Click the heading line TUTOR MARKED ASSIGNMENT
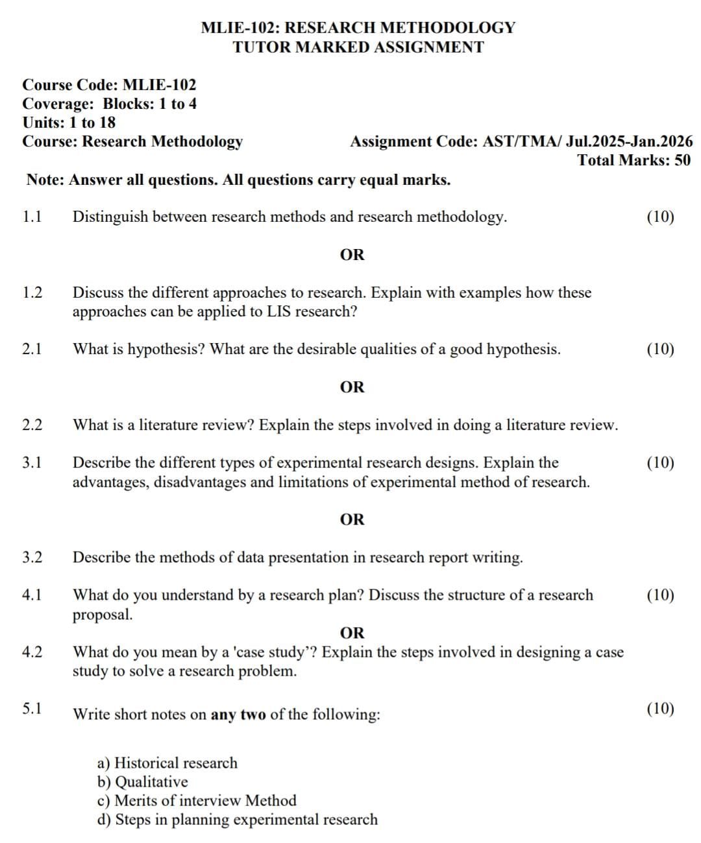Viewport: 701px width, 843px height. [x=358, y=47]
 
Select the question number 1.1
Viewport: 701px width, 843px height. [x=32, y=217]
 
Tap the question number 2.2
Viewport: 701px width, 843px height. [x=32, y=425]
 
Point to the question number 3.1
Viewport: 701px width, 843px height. [x=32, y=463]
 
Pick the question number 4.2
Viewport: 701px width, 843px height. [x=32, y=652]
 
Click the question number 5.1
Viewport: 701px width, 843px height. [x=32, y=708]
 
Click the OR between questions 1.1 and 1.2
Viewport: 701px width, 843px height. [x=352, y=255]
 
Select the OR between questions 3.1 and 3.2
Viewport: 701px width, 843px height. [x=352, y=519]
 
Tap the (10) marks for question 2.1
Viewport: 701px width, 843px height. [x=660, y=350]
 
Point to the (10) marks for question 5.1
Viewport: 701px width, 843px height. [x=660, y=708]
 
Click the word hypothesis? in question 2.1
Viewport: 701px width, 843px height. [x=166, y=350]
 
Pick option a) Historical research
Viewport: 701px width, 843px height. [x=167, y=763]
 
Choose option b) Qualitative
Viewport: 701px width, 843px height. [x=143, y=782]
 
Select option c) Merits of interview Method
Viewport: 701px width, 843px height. [x=197, y=801]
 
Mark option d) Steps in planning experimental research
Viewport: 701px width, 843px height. [x=238, y=820]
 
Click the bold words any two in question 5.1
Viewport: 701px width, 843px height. [x=238, y=715]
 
